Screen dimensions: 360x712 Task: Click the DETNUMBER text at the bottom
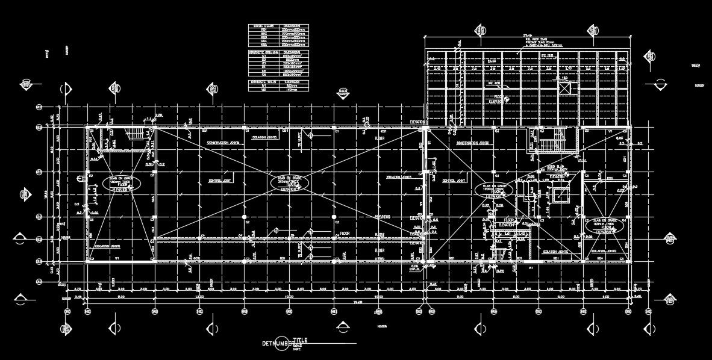tap(276, 344)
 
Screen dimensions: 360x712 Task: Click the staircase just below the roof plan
tap(548, 145)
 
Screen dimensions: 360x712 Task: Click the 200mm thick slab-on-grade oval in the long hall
tap(290, 184)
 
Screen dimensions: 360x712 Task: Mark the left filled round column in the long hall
tap(244, 217)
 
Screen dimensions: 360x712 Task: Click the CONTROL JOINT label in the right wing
tap(453, 181)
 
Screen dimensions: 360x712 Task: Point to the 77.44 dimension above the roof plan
tap(528, 34)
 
